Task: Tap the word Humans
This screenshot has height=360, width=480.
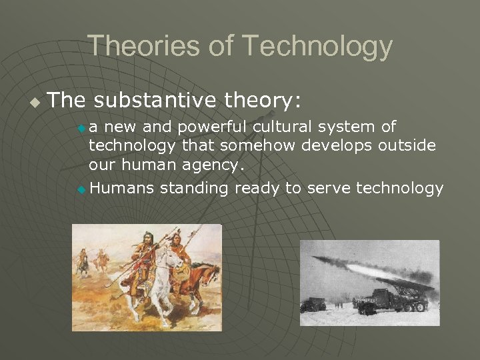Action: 121,189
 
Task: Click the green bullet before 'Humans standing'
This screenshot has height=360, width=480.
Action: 81,190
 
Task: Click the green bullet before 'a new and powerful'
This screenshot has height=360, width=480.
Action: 81,127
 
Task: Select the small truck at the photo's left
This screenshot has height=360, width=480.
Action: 312,305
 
